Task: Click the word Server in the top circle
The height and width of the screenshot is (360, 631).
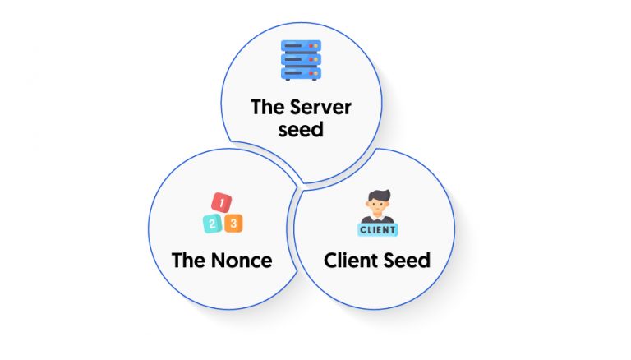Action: (320, 107)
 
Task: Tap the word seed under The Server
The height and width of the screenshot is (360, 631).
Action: (301, 130)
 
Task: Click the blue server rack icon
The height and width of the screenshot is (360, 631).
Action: (301, 60)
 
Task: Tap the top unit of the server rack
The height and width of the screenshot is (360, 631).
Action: (301, 46)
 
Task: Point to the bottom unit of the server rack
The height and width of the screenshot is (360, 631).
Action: (301, 74)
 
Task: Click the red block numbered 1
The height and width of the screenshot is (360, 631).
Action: (221, 202)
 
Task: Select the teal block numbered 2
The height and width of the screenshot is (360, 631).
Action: (212, 224)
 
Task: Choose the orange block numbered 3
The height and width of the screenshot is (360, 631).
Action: (233, 223)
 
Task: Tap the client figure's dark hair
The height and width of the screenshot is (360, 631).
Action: (379, 196)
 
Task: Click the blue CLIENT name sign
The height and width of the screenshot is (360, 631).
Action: (377, 229)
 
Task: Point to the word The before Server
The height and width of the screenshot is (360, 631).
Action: (268, 107)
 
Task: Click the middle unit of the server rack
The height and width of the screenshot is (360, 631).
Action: (301, 60)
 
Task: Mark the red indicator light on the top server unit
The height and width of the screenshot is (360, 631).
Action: (311, 46)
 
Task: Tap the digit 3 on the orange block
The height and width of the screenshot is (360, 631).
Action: (233, 223)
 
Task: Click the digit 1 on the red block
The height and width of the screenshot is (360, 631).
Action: (222, 202)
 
